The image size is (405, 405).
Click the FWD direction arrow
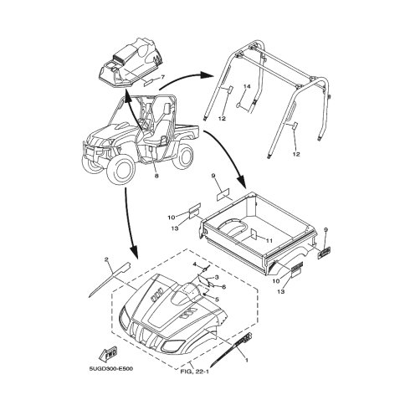108,354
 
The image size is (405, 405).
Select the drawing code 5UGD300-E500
111,369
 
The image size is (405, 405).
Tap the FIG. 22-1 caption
195,372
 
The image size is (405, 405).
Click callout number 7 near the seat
163,77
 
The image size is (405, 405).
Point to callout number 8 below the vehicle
156,176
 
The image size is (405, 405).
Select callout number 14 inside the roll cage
247,87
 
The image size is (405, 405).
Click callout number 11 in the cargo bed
269,241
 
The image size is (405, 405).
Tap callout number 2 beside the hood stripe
106,259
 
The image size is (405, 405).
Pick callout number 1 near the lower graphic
246,360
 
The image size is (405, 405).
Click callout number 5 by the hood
217,300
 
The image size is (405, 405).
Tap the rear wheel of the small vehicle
182,156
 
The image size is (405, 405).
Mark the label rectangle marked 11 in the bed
254,233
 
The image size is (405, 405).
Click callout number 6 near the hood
223,287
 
